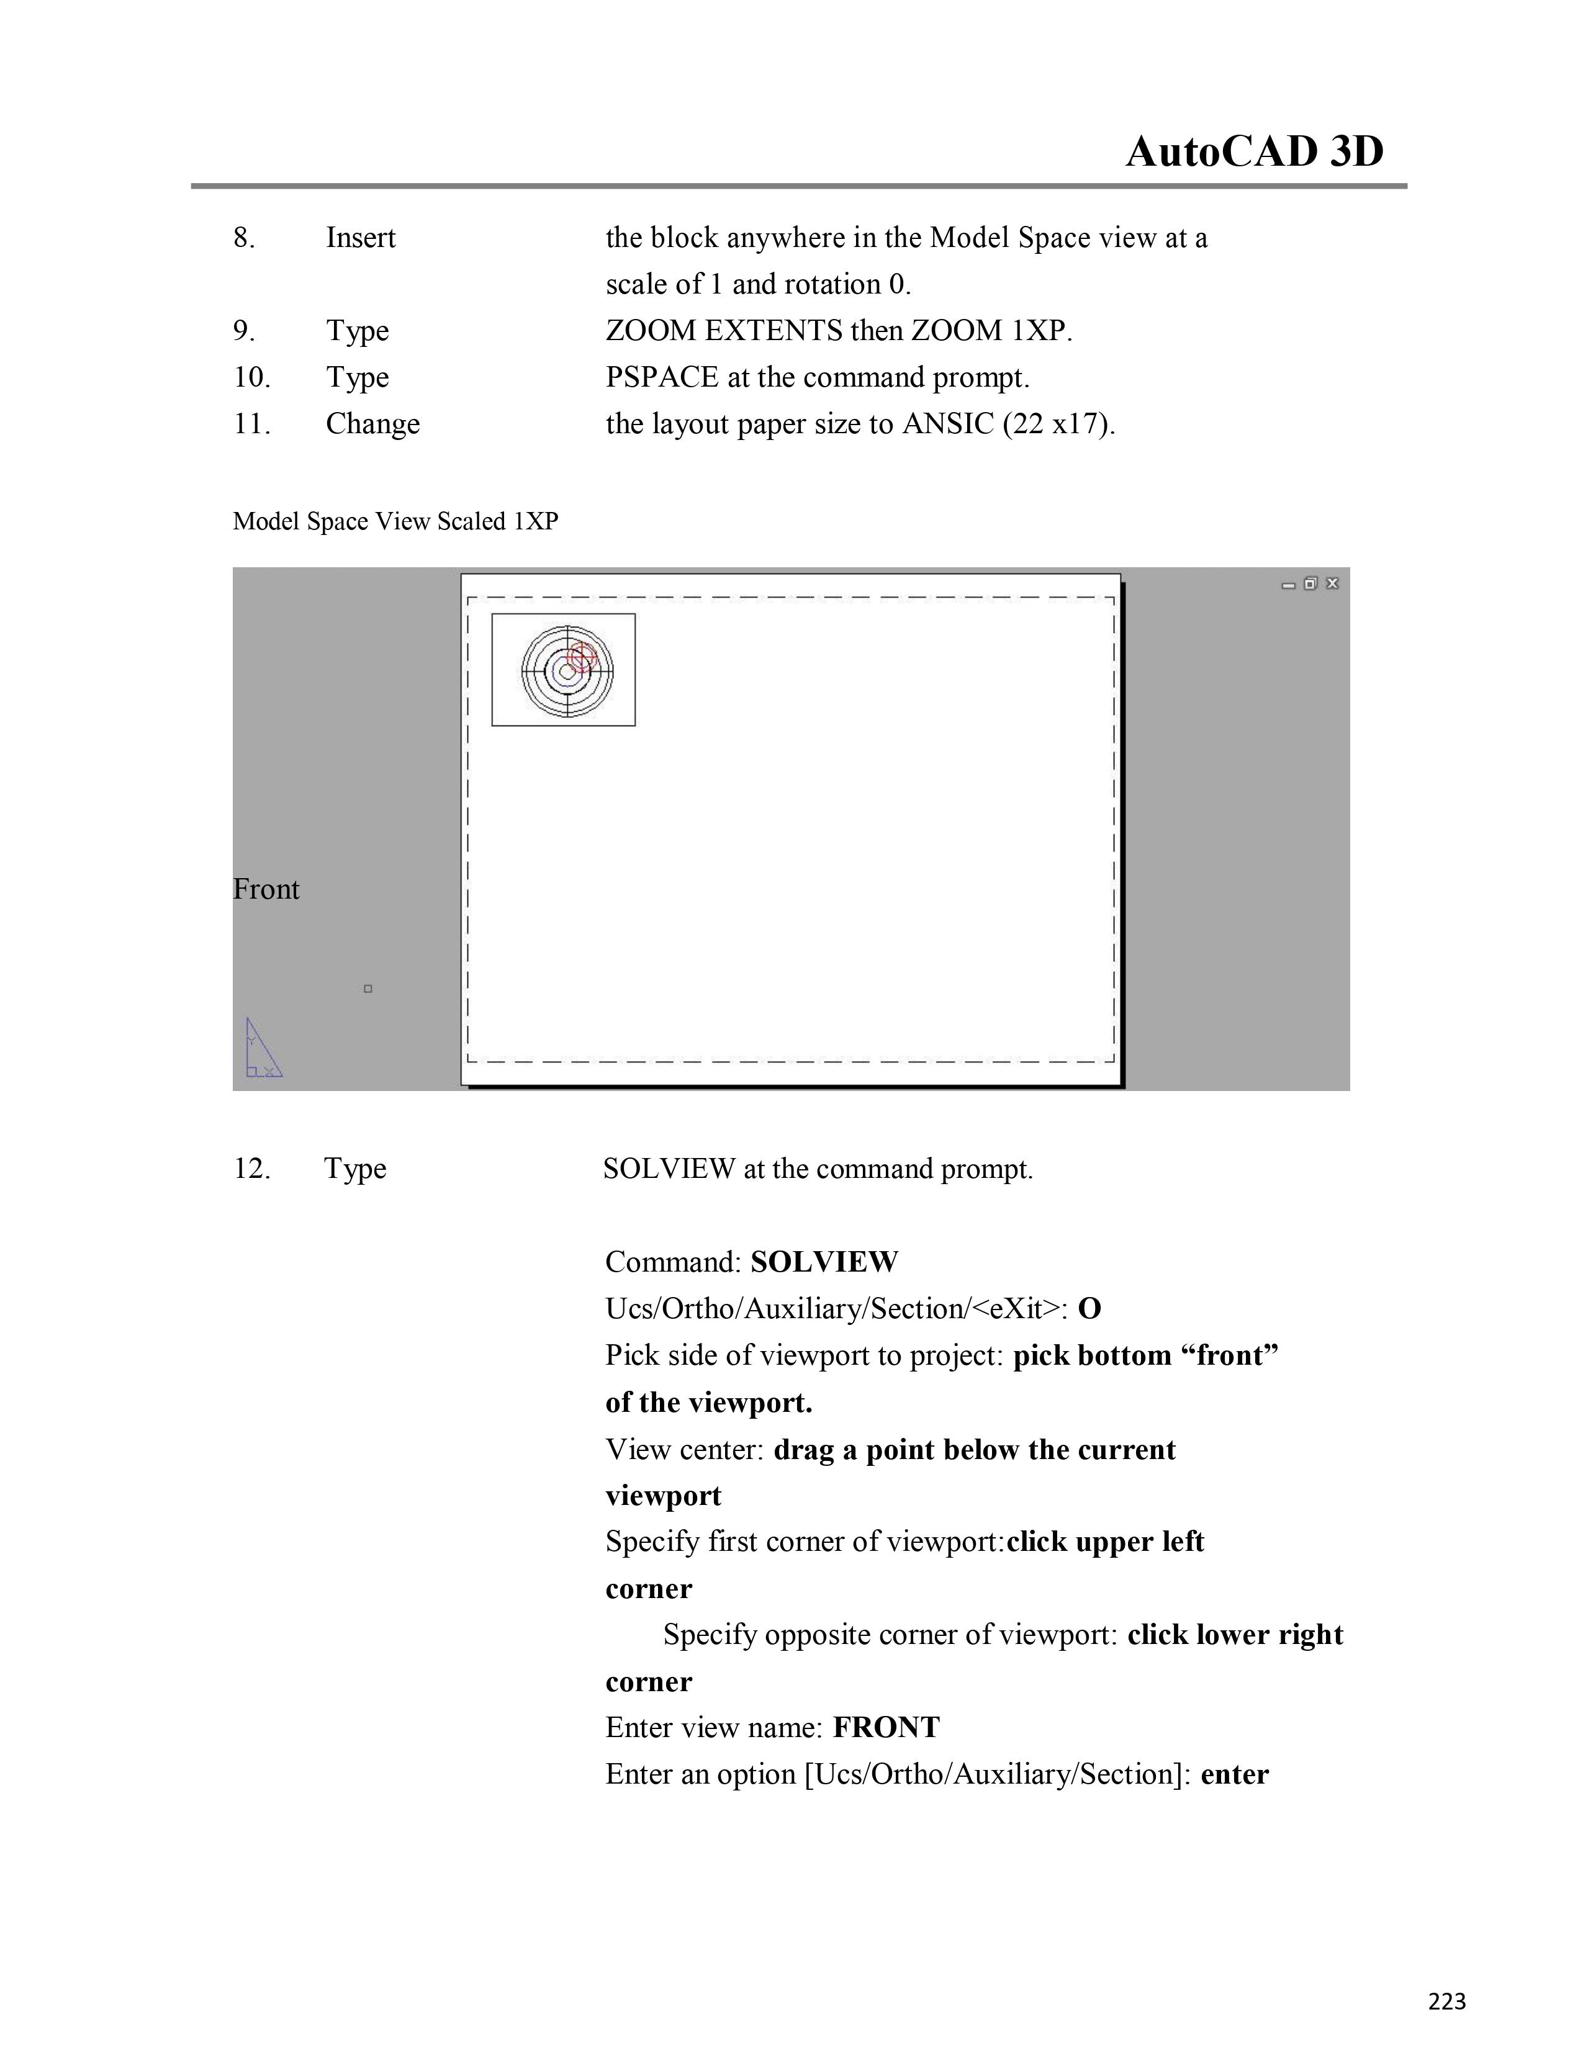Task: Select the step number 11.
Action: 251,424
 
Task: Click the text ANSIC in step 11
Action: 947,424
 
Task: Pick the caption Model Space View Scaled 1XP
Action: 395,521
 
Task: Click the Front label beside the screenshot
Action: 266,889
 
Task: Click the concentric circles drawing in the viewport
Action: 566,670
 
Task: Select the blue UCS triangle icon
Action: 261,1049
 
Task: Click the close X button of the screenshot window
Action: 1333,583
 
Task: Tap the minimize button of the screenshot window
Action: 1289,584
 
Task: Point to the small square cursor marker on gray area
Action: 368,989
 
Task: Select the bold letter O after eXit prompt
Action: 1089,1309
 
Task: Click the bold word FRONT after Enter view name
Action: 886,1727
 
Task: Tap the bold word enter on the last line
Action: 1234,1774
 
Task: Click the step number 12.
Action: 251,1169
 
